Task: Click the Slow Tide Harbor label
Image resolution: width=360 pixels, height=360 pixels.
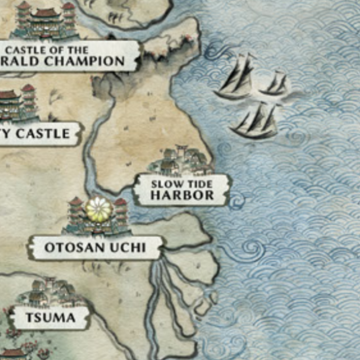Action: click(x=182, y=190)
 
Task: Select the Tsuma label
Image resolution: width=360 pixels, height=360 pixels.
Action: click(x=50, y=318)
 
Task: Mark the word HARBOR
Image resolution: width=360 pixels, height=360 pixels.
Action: click(x=182, y=195)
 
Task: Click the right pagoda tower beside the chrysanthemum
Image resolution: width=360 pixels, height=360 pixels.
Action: click(x=120, y=212)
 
